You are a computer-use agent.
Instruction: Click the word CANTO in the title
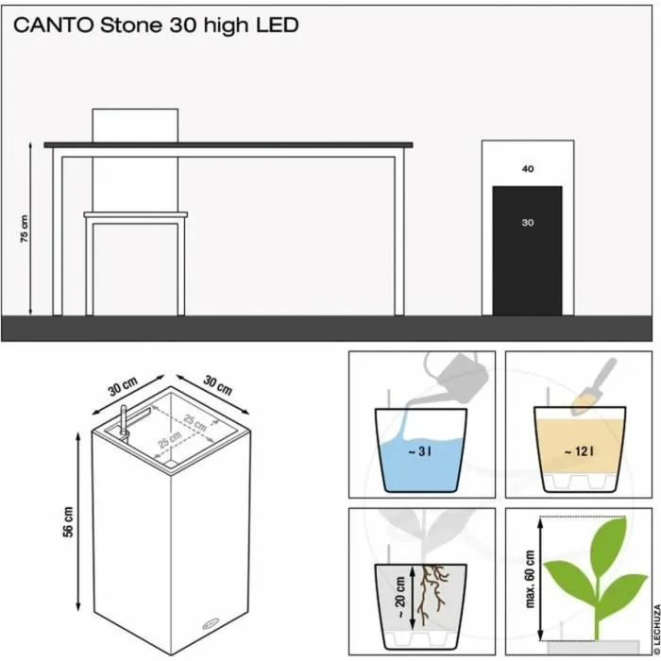click(x=54, y=25)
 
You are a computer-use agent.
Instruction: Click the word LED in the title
click(x=278, y=25)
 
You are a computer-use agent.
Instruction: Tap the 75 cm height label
click(x=25, y=229)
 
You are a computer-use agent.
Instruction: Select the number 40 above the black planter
click(x=528, y=169)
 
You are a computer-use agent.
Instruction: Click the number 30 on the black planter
click(x=528, y=223)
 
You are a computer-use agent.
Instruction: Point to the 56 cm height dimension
click(x=68, y=521)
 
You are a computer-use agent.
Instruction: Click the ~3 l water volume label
click(x=419, y=452)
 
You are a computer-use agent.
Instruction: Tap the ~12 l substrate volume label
click(x=579, y=452)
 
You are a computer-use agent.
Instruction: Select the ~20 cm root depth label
click(x=399, y=598)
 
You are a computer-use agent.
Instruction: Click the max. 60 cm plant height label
click(x=530, y=578)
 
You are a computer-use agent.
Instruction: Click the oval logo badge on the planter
click(x=211, y=623)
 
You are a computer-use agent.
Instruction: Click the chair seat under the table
click(x=136, y=214)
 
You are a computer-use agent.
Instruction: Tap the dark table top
click(x=229, y=145)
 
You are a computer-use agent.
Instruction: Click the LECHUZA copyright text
click(x=656, y=630)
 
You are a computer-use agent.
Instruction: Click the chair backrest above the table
click(x=135, y=126)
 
